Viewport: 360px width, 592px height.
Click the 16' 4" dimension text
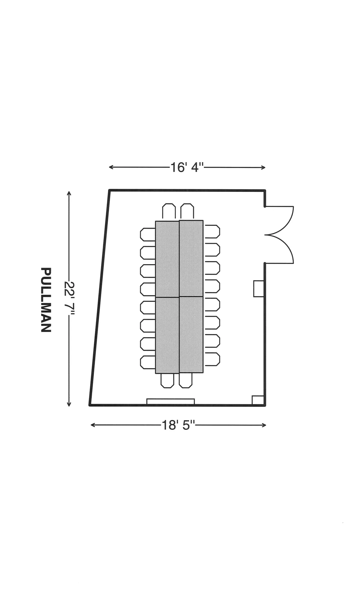click(x=187, y=167)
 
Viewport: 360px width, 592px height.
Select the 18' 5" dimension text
click(x=178, y=425)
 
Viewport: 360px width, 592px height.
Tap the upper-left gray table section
click(x=167, y=259)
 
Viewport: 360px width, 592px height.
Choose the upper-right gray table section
click(x=191, y=258)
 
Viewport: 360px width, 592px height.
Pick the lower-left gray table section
click(x=167, y=335)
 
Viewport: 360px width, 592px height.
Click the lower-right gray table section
click(x=191, y=335)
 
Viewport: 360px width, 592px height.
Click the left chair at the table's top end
click(x=169, y=211)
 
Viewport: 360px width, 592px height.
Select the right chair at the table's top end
click(x=187, y=211)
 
